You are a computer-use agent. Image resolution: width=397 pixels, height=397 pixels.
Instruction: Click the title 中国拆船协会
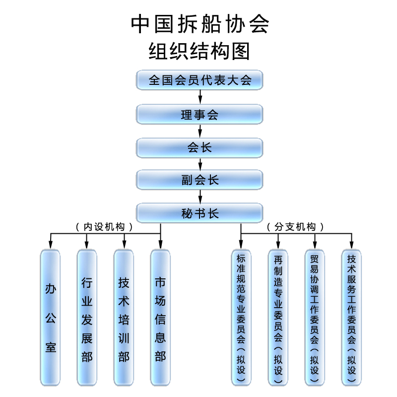[199, 23]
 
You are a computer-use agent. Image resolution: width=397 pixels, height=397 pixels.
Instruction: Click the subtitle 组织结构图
[199, 51]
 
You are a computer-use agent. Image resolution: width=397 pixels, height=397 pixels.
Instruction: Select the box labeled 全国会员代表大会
[199, 80]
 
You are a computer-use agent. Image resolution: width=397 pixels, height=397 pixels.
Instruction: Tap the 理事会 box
[199, 115]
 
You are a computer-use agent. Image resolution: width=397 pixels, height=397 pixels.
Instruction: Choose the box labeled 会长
[199, 147]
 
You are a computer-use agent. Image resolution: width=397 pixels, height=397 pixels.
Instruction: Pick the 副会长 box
[199, 180]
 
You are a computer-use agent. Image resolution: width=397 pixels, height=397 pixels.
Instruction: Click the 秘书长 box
[199, 213]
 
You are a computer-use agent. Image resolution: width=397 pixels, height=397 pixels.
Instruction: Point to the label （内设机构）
[104, 227]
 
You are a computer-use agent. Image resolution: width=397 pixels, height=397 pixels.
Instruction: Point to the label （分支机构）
[296, 227]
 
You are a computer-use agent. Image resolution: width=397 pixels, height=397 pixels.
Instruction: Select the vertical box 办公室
[50, 318]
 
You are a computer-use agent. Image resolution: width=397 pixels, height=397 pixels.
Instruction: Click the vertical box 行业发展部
[87, 318]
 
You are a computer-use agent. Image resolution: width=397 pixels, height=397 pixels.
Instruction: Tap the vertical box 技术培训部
[124, 318]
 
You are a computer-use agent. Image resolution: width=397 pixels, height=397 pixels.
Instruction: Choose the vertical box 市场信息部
[160, 318]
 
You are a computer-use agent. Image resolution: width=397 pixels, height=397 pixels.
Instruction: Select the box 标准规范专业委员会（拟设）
[241, 318]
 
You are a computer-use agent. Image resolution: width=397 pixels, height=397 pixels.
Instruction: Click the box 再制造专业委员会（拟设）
[278, 318]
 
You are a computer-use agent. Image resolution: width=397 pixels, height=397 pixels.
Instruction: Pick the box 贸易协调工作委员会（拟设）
[315, 318]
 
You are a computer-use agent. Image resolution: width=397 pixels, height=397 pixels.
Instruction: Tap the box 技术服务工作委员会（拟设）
[351, 318]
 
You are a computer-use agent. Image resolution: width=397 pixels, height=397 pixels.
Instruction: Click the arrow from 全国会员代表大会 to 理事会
[199, 97]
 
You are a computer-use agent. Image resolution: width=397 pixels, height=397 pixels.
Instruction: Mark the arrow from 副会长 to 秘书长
[199, 197]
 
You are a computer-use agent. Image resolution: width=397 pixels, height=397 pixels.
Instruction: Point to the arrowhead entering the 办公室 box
[50, 245]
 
